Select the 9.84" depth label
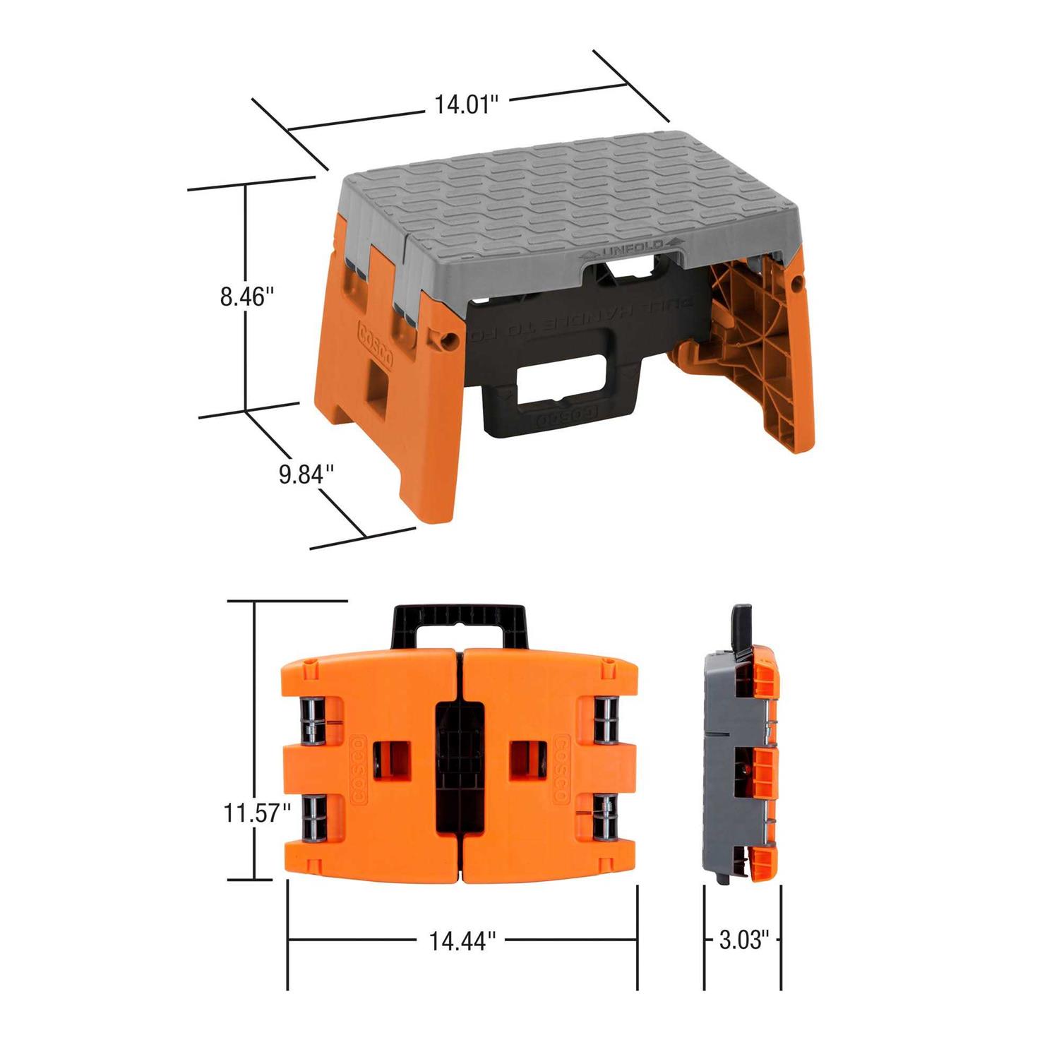[305, 474]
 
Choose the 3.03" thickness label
[742, 940]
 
